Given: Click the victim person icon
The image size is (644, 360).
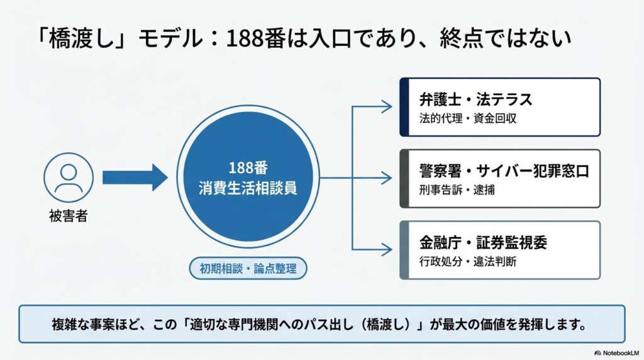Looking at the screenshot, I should coord(69,178).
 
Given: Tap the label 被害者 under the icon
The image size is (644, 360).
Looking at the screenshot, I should coord(68,217).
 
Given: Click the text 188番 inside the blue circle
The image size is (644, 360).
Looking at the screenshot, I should coord(244,168).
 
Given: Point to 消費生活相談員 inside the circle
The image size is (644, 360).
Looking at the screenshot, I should coord(244,188).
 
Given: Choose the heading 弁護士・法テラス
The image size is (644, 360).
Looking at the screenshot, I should coord(475,99).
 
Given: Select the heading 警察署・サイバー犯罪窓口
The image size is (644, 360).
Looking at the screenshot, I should coord(504,171).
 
